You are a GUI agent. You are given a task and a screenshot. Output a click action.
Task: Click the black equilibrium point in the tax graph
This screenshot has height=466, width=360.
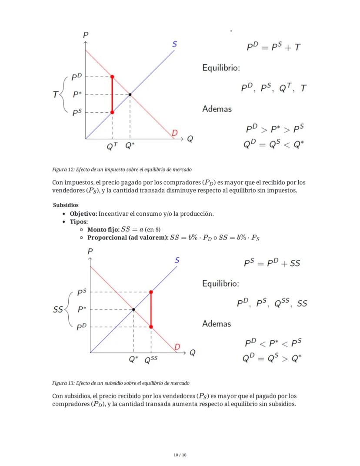click(x=130, y=94)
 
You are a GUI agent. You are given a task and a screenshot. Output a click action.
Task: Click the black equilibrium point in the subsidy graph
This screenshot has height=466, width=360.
click(x=133, y=309)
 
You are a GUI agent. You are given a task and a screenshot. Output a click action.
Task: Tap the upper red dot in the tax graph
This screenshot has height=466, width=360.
click(x=112, y=77)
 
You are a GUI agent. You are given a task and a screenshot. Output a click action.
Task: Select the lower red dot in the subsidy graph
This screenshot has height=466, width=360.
click(x=151, y=326)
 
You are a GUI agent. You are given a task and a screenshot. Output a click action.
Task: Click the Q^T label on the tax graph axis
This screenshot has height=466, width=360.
click(x=112, y=147)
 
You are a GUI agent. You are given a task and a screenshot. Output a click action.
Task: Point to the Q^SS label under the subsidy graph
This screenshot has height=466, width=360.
click(x=151, y=360)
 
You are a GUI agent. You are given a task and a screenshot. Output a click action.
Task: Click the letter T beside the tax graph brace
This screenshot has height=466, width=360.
click(x=56, y=94)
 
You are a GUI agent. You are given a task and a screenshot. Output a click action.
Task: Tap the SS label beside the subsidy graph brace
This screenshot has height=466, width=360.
click(x=58, y=310)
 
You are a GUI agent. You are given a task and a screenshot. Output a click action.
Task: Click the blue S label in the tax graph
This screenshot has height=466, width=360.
click(x=174, y=44)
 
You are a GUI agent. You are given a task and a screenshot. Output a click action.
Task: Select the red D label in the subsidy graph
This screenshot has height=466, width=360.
click(x=177, y=347)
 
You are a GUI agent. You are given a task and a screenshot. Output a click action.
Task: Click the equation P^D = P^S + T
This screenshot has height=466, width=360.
click(x=273, y=47)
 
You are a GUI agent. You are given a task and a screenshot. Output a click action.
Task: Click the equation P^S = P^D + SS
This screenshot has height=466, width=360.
click(x=272, y=263)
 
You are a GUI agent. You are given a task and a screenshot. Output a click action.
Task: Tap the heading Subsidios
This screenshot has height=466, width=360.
click(x=66, y=205)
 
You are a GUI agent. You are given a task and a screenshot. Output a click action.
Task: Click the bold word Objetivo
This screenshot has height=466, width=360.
click(x=83, y=214)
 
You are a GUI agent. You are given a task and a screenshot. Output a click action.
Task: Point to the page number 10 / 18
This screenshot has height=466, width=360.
click(x=180, y=455)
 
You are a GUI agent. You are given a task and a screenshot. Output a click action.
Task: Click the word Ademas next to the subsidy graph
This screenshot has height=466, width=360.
click(x=217, y=324)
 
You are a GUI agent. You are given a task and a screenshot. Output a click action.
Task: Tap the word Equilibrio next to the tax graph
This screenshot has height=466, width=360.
click(x=221, y=68)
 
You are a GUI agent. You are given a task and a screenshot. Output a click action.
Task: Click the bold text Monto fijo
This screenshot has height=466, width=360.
click(x=103, y=229)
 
